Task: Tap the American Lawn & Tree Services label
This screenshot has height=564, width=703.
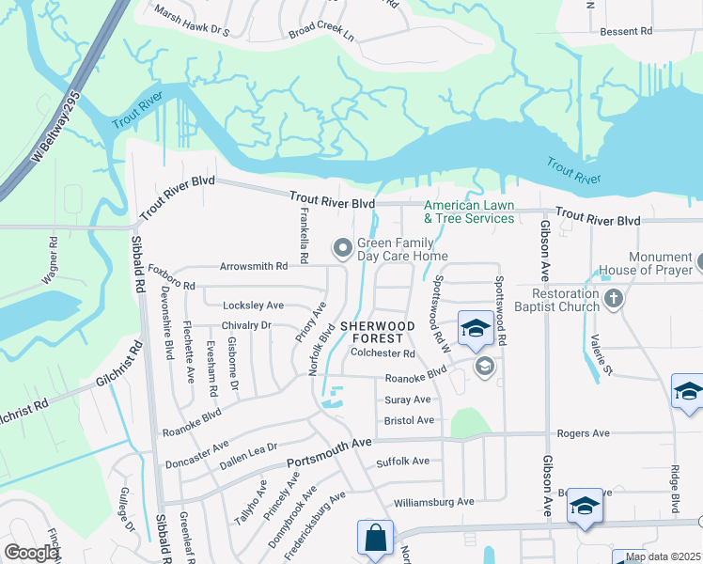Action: [469, 212]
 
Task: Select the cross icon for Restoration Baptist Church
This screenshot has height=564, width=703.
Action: [614, 300]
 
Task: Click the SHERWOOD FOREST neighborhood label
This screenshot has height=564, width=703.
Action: [378, 332]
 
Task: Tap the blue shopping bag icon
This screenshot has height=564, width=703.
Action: [375, 539]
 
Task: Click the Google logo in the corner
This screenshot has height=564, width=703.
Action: [30, 553]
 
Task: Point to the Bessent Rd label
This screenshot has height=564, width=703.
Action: [626, 31]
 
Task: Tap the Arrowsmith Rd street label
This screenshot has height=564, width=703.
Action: [253, 266]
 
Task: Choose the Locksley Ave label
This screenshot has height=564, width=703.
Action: [253, 305]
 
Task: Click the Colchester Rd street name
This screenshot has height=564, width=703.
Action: [383, 353]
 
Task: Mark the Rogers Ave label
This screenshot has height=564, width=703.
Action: [583, 433]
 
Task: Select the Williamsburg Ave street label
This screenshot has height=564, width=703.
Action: [433, 502]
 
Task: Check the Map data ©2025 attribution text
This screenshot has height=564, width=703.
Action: [663, 557]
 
